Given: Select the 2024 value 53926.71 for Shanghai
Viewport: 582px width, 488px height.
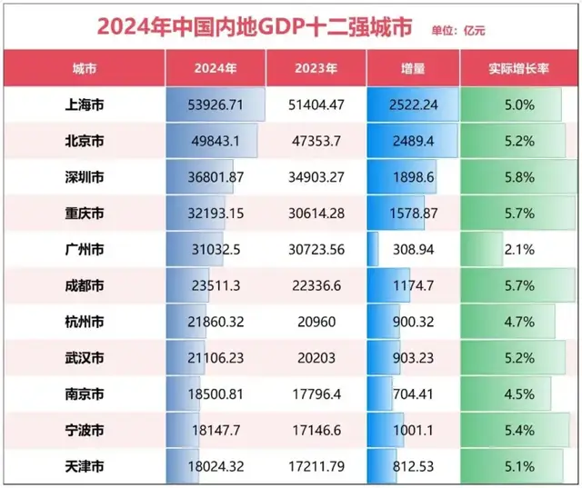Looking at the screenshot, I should (216, 105).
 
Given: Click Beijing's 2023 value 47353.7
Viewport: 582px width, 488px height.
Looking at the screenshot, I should (316, 141).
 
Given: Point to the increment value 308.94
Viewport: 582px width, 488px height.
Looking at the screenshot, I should (414, 249).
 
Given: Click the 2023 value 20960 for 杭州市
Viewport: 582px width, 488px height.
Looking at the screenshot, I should (316, 322).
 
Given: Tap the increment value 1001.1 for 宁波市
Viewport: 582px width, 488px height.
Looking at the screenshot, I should (414, 431).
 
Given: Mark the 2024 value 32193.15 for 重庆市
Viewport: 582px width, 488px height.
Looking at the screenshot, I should (216, 214).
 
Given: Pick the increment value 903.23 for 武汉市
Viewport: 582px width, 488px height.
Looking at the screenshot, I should (414, 358).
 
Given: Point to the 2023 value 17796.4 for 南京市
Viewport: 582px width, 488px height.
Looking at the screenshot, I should (316, 394).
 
